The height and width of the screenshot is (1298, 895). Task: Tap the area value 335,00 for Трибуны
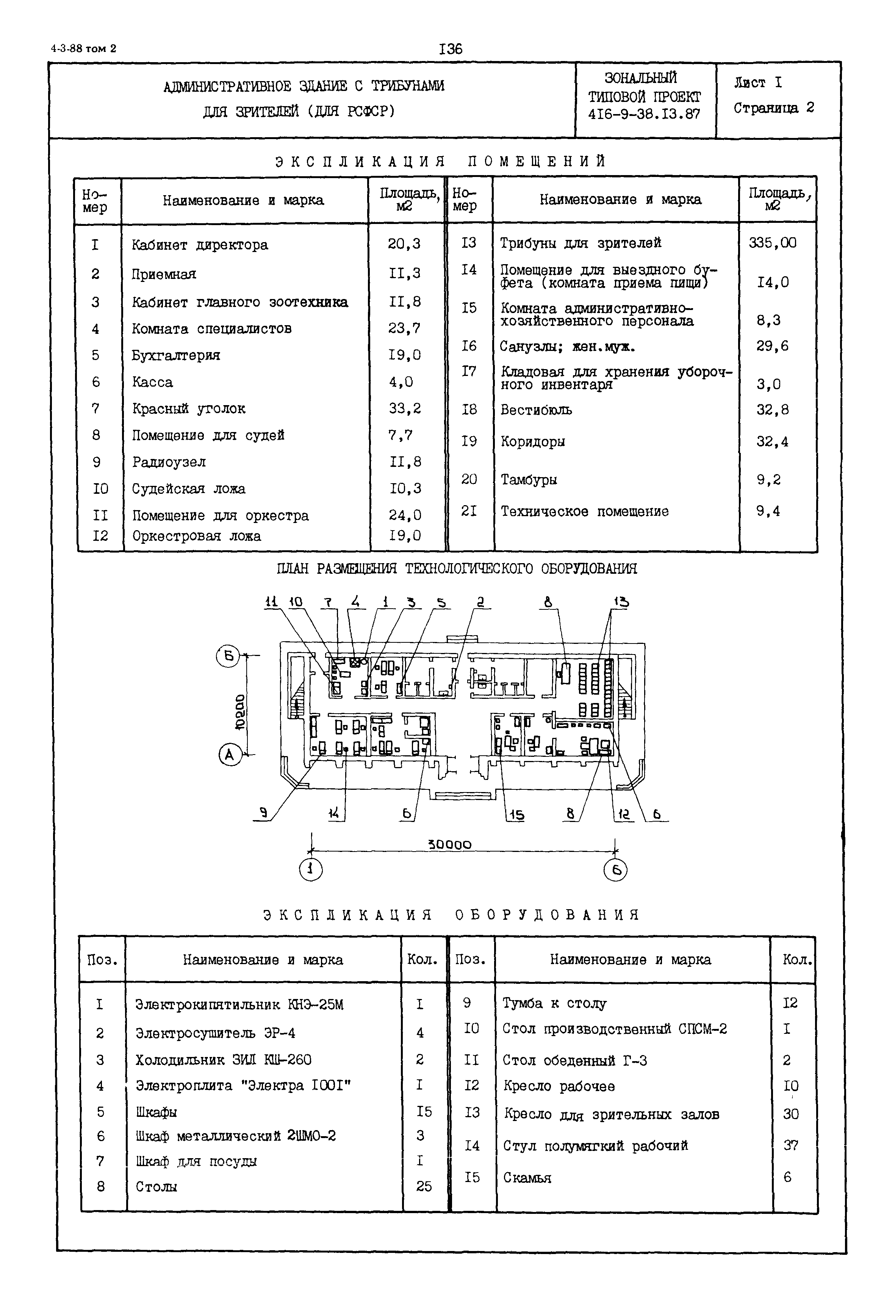[772, 243]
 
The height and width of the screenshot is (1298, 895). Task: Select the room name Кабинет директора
[200, 245]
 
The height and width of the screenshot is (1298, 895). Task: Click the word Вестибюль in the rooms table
[536, 410]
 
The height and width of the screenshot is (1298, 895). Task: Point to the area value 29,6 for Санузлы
[772, 346]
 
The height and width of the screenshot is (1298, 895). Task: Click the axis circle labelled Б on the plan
[228, 656]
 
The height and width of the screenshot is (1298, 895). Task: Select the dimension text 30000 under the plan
[450, 845]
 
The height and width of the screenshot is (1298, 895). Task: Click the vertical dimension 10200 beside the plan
[239, 712]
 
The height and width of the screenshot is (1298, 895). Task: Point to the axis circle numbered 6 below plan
[615, 870]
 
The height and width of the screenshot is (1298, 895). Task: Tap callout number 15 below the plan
[516, 814]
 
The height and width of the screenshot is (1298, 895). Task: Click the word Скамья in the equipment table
[527, 1178]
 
